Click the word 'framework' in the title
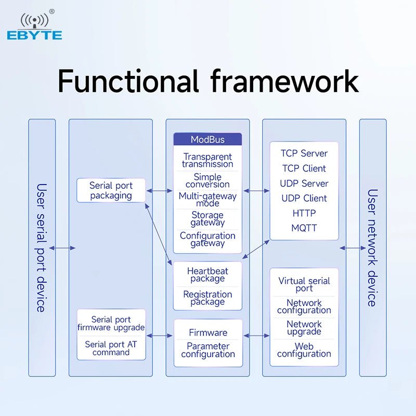coord(284,81)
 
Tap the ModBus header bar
coord(207,139)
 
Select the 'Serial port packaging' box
coord(111,191)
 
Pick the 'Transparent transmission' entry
coord(207,161)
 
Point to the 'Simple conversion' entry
coord(207,181)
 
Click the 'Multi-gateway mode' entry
coord(207,200)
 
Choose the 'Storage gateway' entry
coord(207,219)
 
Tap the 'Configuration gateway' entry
coord(207,240)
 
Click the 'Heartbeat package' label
coord(207,275)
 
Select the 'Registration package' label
coord(207,298)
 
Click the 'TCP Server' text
coord(304,153)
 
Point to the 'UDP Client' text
coord(304,198)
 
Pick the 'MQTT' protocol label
coord(304,228)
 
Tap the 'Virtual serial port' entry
coord(304,284)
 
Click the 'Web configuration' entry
coord(304,350)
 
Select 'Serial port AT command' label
coord(111,348)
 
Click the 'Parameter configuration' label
coord(207,350)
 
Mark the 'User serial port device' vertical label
coord(42,248)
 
